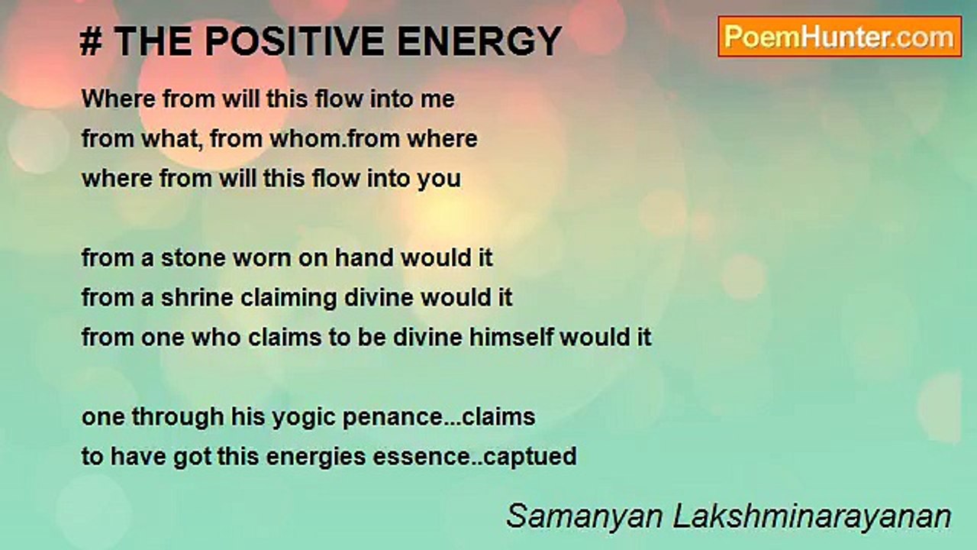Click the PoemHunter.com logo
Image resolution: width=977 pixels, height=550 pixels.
[840, 37]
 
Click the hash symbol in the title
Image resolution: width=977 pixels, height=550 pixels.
[91, 41]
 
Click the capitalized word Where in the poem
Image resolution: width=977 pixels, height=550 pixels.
[118, 99]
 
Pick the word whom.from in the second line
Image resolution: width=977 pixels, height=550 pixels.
[334, 139]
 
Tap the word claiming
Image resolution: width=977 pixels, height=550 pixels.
[289, 299]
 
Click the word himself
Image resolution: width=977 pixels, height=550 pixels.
[511, 338]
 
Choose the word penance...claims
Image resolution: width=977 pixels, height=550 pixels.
[439, 418]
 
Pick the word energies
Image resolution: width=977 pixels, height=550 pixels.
[316, 458]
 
